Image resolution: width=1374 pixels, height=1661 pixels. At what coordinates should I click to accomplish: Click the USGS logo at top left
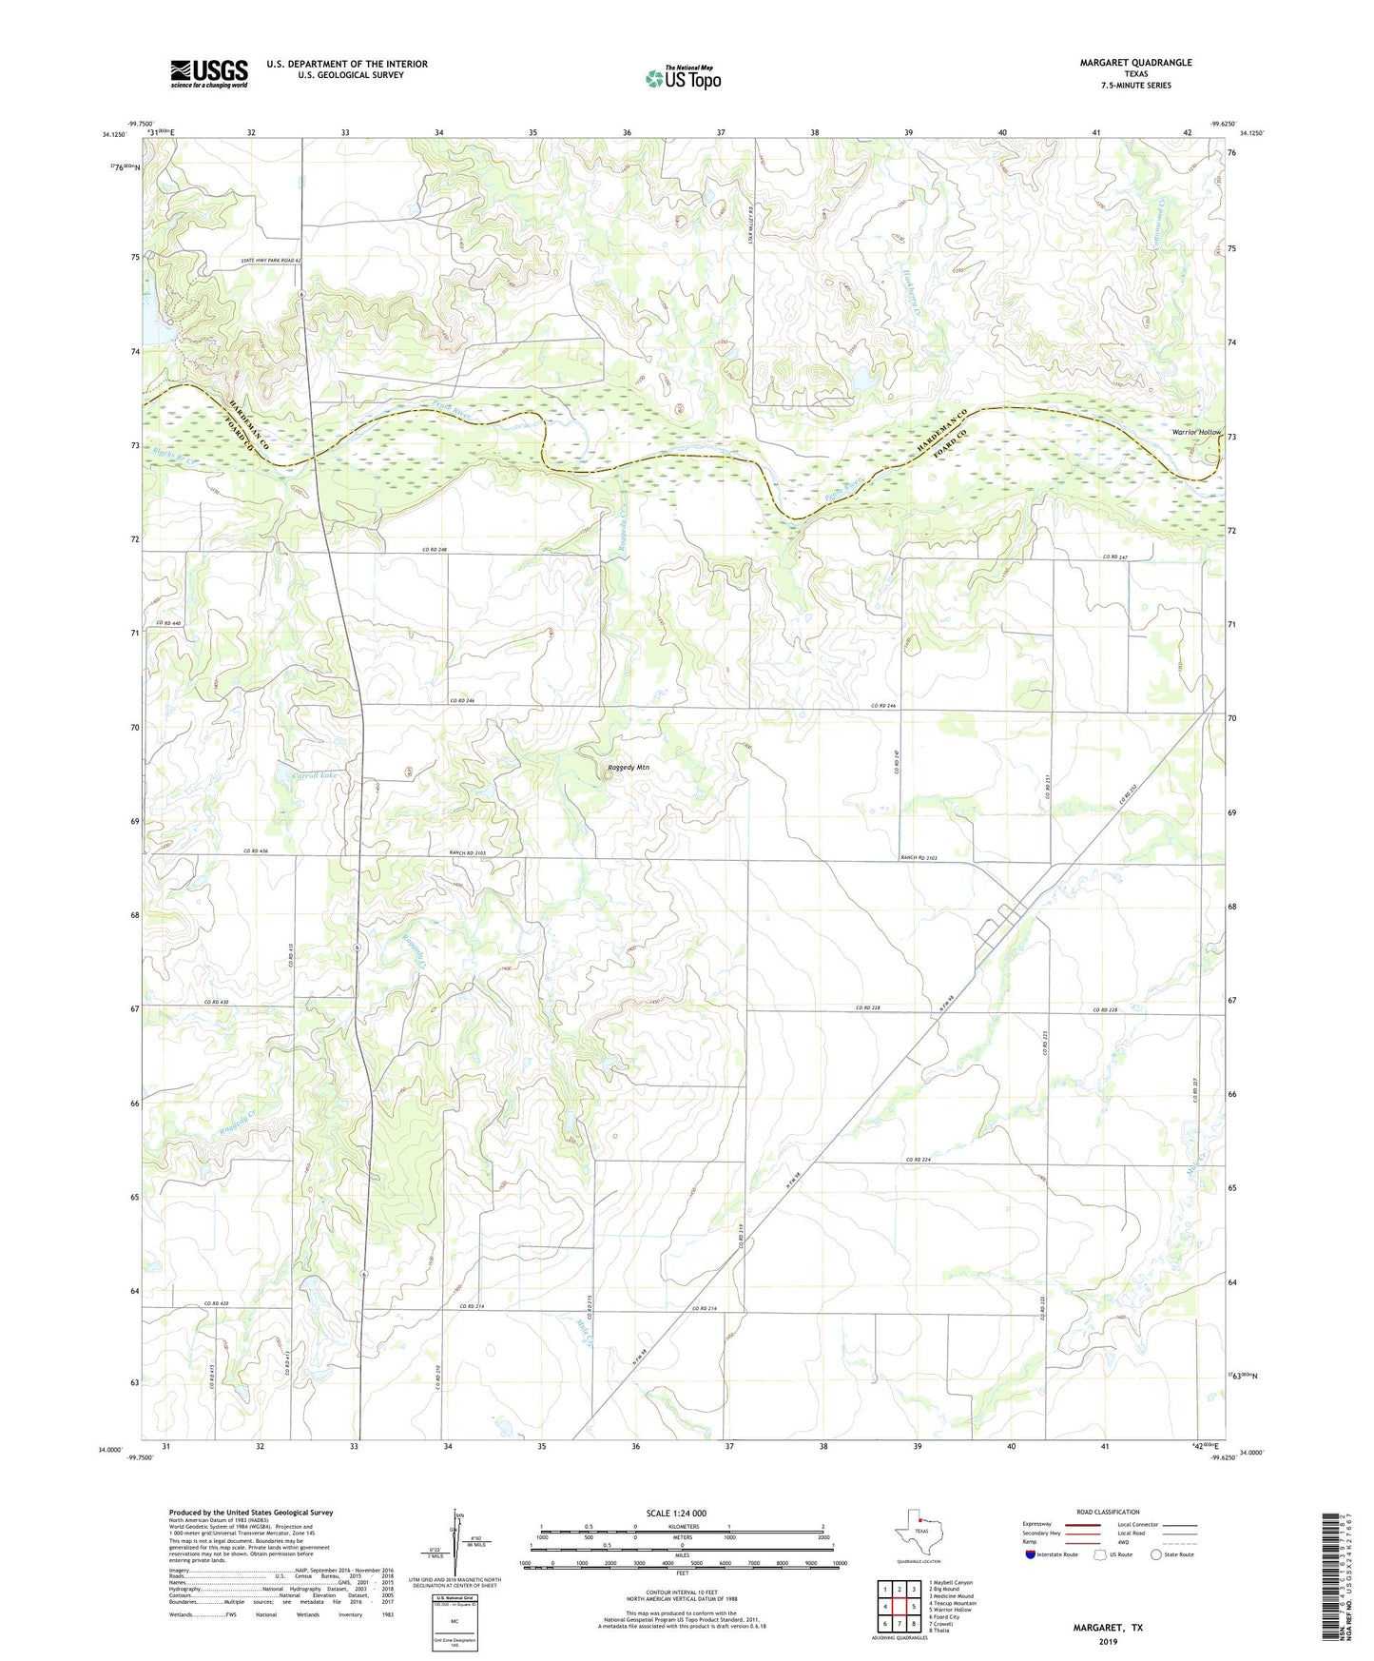tap(209, 73)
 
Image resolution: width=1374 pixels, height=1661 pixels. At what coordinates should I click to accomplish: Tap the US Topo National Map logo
tap(683, 78)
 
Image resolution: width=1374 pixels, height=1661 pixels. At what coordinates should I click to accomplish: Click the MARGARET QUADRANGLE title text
tap(1135, 63)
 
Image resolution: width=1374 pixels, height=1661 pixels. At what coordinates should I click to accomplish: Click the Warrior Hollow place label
tap(1196, 432)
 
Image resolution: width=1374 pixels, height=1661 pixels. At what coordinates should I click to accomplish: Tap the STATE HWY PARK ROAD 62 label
tap(270, 260)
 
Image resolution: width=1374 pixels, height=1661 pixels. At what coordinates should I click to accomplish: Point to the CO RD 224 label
tap(919, 1160)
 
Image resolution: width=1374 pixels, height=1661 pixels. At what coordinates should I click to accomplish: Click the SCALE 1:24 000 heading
tap(676, 1513)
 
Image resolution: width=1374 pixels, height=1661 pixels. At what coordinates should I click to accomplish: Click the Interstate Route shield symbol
tap(1032, 1554)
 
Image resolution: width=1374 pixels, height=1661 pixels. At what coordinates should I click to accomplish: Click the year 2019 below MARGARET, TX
tap(1108, 1641)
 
